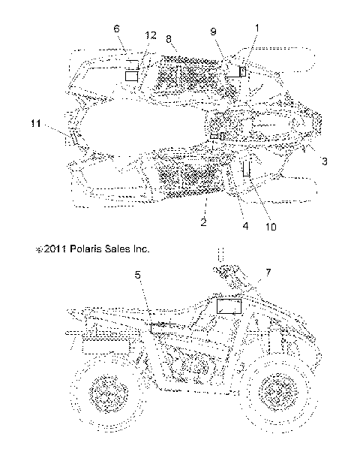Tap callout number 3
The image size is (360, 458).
pos(324,161)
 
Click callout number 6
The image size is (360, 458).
pos(116,29)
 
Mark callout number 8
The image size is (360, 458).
pos(170,38)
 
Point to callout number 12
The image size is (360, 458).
pos(151,36)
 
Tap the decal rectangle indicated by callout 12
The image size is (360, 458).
pos(132,76)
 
